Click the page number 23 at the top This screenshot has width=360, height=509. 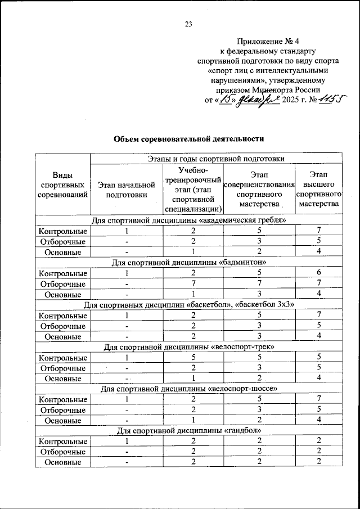point(188,24)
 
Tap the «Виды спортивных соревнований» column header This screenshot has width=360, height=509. point(62,184)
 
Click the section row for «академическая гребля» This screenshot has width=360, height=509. point(188,220)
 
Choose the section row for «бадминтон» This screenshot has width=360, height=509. point(188,262)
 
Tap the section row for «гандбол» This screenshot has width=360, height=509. point(188,430)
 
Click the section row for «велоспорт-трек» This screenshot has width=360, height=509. point(188,346)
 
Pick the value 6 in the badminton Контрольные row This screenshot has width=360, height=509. point(318,273)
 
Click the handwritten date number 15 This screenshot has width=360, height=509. point(226,100)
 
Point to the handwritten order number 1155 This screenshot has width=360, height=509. point(328,99)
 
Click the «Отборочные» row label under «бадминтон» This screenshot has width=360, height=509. point(62,283)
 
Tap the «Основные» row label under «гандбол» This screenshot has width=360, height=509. point(62,462)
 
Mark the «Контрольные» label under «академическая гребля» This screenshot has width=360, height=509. point(62,231)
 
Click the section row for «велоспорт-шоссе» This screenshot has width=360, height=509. point(188,389)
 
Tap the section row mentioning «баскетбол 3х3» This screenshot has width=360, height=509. point(188,304)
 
